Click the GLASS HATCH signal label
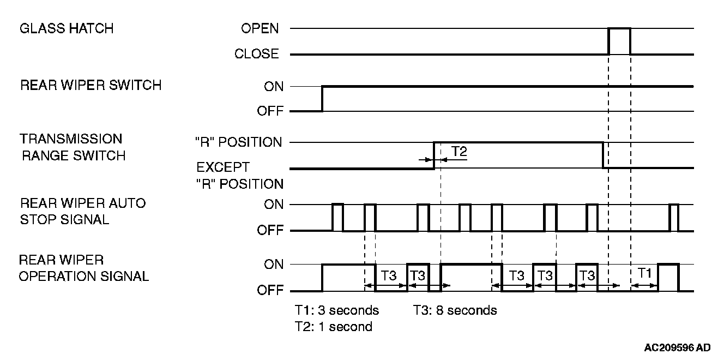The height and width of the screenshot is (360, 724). click(67, 29)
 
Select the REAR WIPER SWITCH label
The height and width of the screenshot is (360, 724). click(90, 86)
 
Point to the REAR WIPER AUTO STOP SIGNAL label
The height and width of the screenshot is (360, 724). click(83, 211)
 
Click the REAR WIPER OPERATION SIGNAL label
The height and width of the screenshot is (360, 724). click(83, 268)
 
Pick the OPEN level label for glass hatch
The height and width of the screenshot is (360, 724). click(260, 28)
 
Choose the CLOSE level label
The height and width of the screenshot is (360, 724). click(256, 54)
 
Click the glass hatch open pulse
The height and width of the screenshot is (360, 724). click(619, 41)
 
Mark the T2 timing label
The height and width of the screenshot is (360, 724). click(459, 152)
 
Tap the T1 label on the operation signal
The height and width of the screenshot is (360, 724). click(645, 274)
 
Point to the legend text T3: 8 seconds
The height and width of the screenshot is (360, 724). click(455, 310)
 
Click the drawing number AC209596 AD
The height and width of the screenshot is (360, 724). click(677, 347)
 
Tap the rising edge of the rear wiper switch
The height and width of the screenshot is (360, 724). click(322, 99)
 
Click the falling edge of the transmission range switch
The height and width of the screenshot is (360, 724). click(602, 155)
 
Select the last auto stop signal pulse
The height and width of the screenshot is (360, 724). click(674, 217)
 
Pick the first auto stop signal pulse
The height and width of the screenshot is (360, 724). click(337, 217)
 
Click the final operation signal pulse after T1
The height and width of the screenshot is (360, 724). click(668, 277)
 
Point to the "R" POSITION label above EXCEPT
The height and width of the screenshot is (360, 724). click(239, 142)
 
